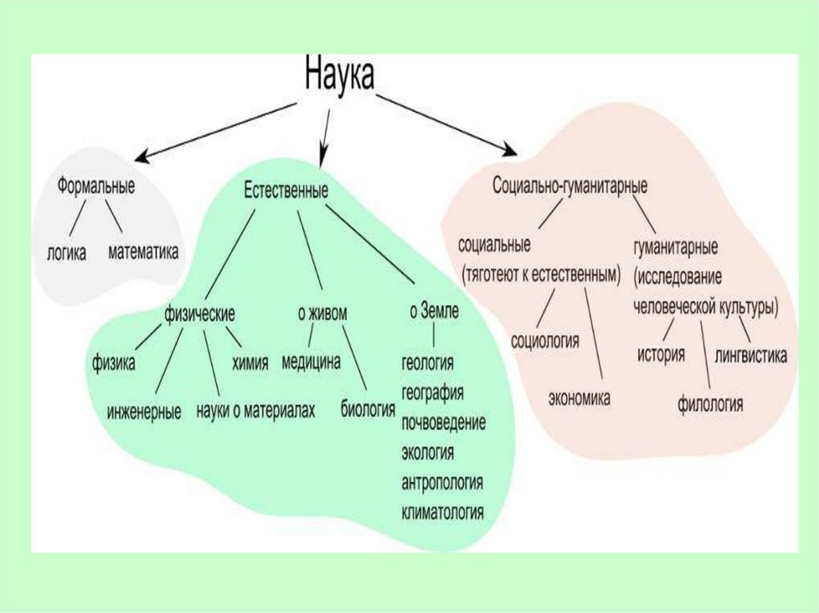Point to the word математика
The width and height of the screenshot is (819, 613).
(x=143, y=253)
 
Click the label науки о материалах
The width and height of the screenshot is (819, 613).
(x=255, y=412)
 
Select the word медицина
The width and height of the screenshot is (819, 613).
(x=311, y=362)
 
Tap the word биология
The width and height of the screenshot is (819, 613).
(x=368, y=411)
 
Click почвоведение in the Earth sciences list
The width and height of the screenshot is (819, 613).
(x=444, y=423)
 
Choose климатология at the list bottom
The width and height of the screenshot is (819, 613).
(x=444, y=512)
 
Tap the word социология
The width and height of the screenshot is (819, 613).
(x=545, y=340)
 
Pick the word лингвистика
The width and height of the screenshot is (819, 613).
(x=752, y=354)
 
